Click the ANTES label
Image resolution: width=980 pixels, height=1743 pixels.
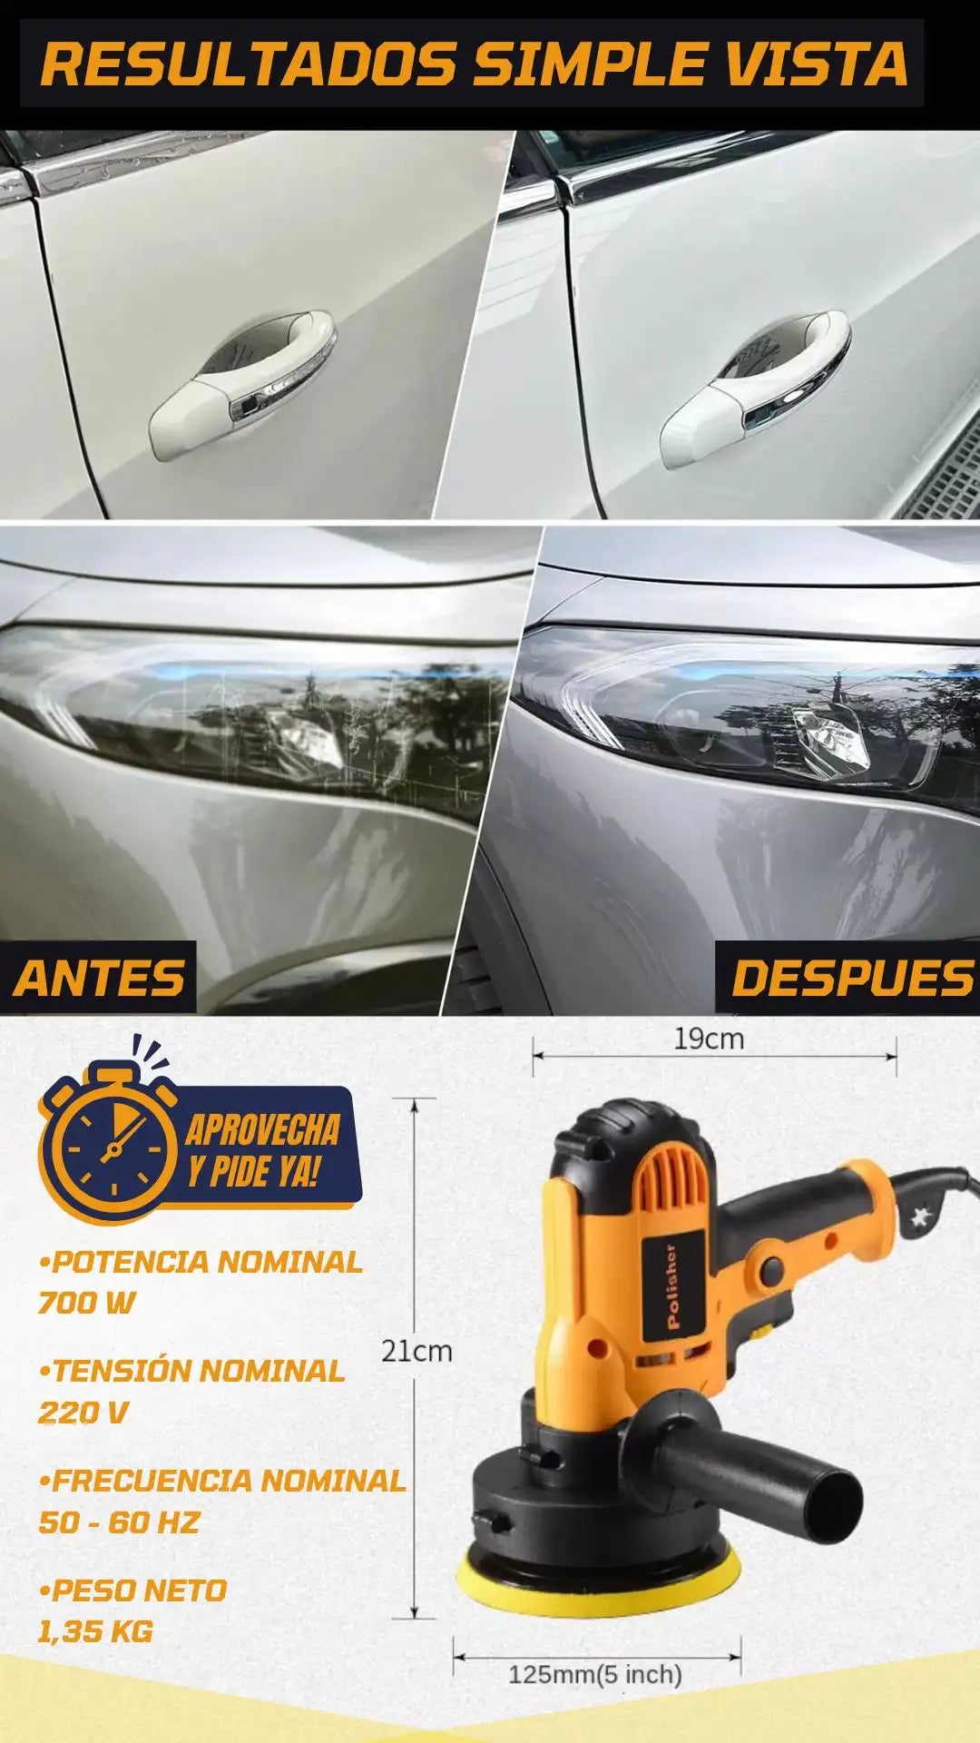pyautogui.click(x=99, y=979)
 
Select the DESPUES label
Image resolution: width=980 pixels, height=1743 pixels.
pyautogui.click(x=851, y=979)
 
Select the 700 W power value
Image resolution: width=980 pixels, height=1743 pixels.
pyautogui.click(x=86, y=1304)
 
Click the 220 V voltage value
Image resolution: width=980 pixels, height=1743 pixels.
pyautogui.click(x=83, y=1413)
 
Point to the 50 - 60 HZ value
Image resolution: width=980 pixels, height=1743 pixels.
pyautogui.click(x=119, y=1522)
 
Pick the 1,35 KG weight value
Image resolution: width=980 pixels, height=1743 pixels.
pyautogui.click(x=95, y=1631)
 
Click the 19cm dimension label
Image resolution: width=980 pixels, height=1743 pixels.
pyautogui.click(x=709, y=1039)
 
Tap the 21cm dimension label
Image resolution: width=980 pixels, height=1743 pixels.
pyautogui.click(x=416, y=1351)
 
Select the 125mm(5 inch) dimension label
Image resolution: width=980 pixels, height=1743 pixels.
pyautogui.click(x=595, y=1674)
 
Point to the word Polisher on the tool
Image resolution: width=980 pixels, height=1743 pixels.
pyautogui.click(x=672, y=1287)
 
